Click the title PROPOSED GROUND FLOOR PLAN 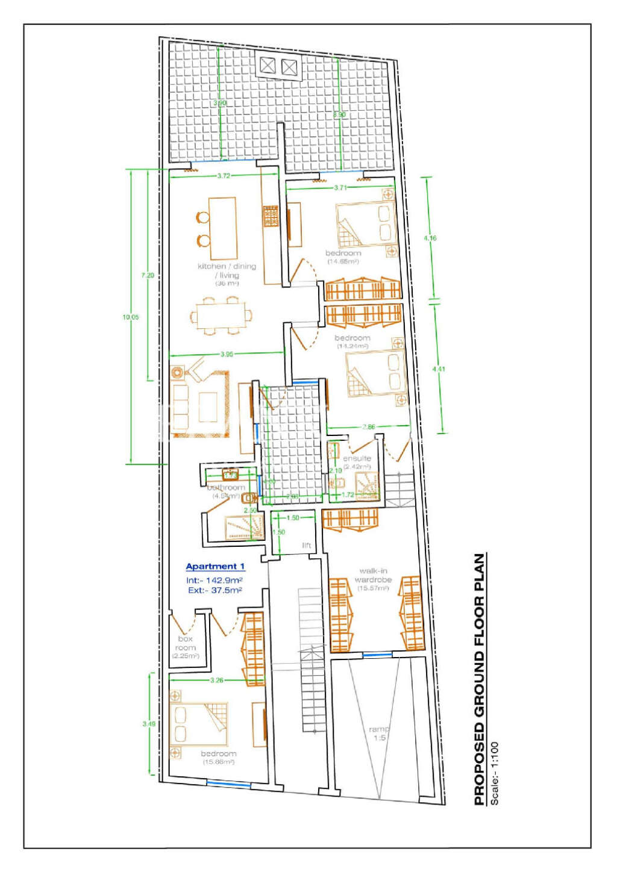tap(480, 679)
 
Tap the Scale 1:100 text tap(495, 773)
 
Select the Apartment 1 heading tap(215, 567)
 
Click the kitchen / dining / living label tap(227, 270)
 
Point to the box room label tap(186, 643)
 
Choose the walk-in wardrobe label tap(373, 575)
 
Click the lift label tap(307, 546)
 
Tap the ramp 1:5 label tap(379, 733)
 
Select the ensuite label tap(357, 458)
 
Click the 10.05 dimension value tap(130, 317)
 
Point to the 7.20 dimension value tap(148, 275)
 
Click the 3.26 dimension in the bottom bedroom tap(217, 680)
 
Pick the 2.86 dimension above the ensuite tap(369, 427)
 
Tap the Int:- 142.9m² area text tap(214, 580)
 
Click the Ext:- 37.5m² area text tap(215, 591)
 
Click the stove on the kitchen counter tap(271, 216)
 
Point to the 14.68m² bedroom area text tap(343, 262)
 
